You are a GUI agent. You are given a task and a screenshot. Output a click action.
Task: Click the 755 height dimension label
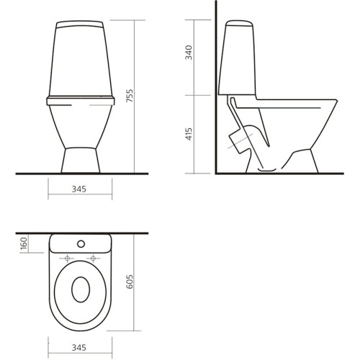pyautogui.click(x=130, y=96)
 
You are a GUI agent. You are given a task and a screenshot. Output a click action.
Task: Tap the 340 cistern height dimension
pyautogui.click(x=189, y=53)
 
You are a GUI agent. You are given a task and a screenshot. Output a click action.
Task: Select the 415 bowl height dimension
pyautogui.click(x=189, y=134)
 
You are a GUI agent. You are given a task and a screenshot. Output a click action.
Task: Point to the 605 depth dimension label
pyautogui.click(x=130, y=282)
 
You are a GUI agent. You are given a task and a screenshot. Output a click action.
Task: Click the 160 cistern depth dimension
pyautogui.click(x=24, y=243)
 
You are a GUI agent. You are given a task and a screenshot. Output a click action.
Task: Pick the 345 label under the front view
pyautogui.click(x=79, y=189)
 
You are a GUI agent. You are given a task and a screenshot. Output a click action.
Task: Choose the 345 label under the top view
pyautogui.click(x=79, y=347)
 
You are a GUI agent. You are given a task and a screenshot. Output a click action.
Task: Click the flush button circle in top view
pyautogui.click(x=81, y=244)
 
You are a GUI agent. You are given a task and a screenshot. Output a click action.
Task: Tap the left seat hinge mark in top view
pyautogui.click(x=67, y=258)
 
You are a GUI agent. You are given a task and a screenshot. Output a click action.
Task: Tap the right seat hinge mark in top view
pyautogui.click(x=94, y=258)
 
